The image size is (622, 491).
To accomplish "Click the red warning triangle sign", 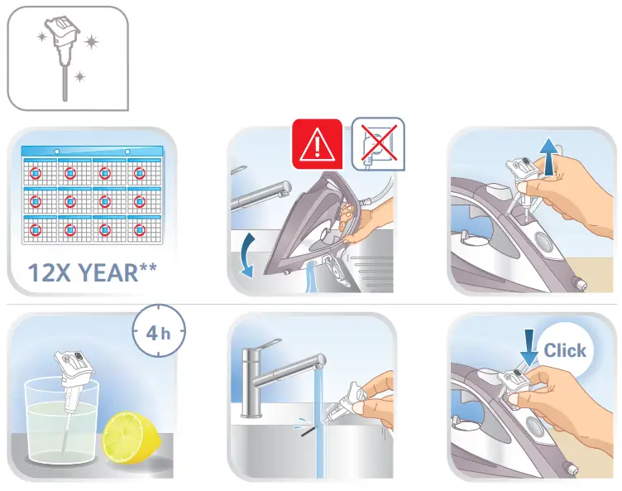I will click(x=316, y=145).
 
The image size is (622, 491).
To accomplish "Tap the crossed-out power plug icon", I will click(x=378, y=143).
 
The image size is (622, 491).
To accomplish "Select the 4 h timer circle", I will click(x=158, y=334).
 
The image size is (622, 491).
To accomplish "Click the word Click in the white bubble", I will click(x=564, y=350).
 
